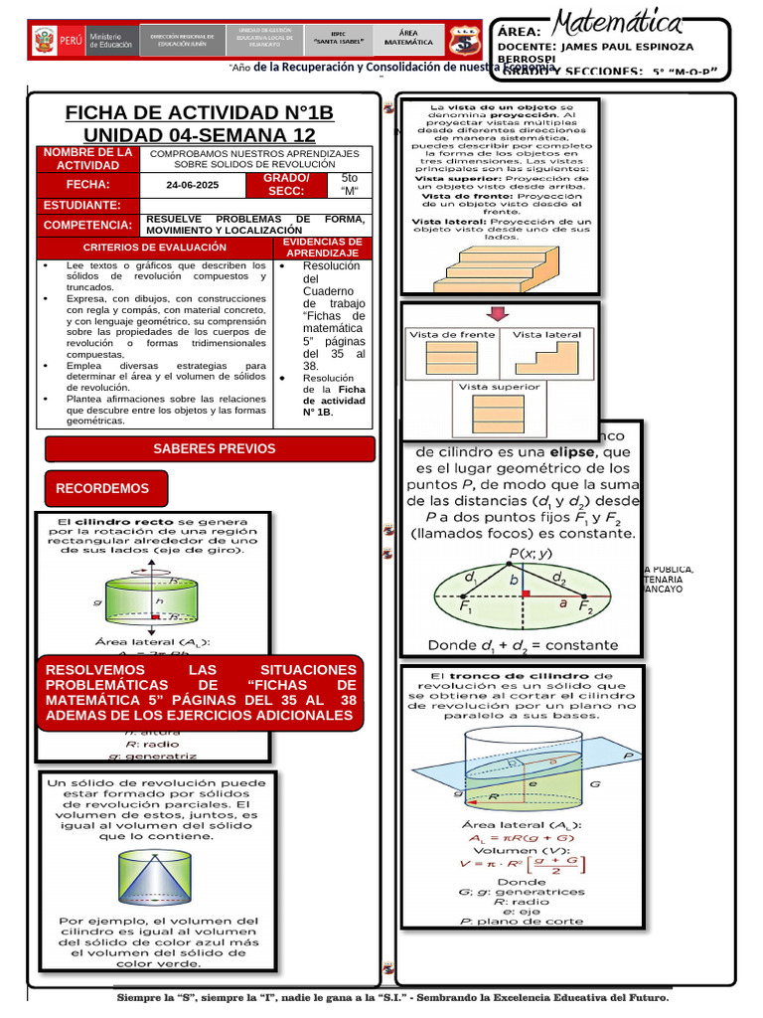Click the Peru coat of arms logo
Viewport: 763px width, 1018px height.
pos(43,41)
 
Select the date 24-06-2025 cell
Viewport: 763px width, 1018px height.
pos(193,185)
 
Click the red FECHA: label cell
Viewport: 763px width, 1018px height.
pos(87,185)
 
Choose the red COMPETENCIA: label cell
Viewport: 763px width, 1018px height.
pos(86,225)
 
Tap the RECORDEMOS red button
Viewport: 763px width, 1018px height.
pos(102,488)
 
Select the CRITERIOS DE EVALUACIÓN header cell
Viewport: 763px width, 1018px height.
pos(154,247)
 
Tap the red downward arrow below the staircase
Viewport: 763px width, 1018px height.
pos(499,314)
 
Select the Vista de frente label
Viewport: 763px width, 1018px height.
pos(452,335)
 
